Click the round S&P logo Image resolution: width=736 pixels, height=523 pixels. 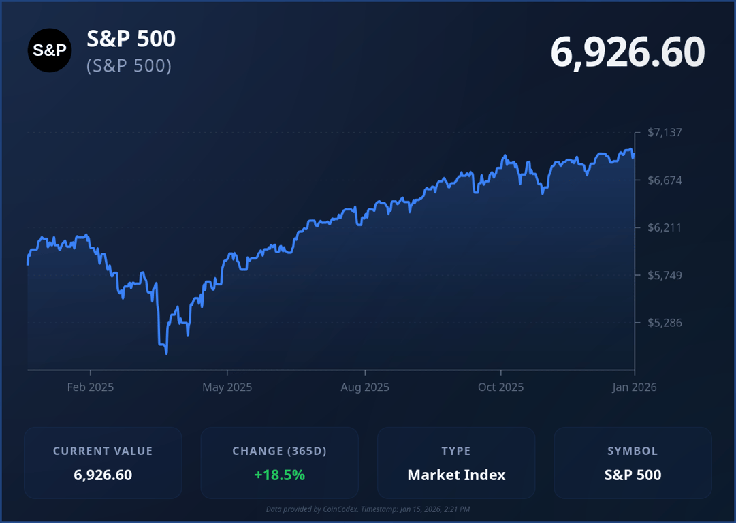pos(50,50)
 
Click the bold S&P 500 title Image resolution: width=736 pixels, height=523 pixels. pos(131,39)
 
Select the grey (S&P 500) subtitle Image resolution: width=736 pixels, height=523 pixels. pos(129,66)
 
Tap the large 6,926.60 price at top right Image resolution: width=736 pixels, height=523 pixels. pos(627,52)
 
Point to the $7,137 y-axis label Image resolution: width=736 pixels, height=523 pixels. pos(665,132)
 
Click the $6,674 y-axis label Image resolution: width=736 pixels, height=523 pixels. pos(665,180)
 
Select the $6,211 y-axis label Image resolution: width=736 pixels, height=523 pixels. pos(665,227)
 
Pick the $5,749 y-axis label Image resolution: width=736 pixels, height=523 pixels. pos(665,275)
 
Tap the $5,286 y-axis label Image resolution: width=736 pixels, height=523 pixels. pos(665,322)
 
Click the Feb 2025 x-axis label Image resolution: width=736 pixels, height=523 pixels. pos(91,387)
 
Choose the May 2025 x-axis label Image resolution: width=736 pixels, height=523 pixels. pos(227,387)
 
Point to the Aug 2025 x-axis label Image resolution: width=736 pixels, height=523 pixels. pos(365,387)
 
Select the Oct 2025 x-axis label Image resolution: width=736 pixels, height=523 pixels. pos(501,387)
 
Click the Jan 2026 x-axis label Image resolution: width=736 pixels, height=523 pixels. pos(635,387)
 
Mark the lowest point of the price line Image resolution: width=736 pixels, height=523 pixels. pos(166,353)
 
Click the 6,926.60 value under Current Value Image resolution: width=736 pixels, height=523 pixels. pos(103,475)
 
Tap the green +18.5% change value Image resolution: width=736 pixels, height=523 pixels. pos(279,475)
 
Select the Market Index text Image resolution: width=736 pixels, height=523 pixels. pos(456,475)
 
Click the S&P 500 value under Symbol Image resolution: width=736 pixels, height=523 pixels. pos(633,475)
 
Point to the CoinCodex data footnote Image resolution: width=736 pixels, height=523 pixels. pos(368,509)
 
